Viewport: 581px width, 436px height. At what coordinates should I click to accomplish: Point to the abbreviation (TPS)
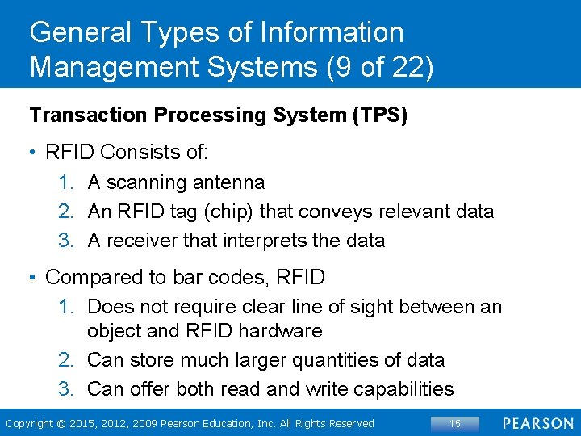(x=378, y=115)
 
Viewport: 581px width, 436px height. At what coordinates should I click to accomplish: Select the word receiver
(x=146, y=241)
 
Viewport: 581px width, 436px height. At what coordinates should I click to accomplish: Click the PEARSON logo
(x=538, y=423)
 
